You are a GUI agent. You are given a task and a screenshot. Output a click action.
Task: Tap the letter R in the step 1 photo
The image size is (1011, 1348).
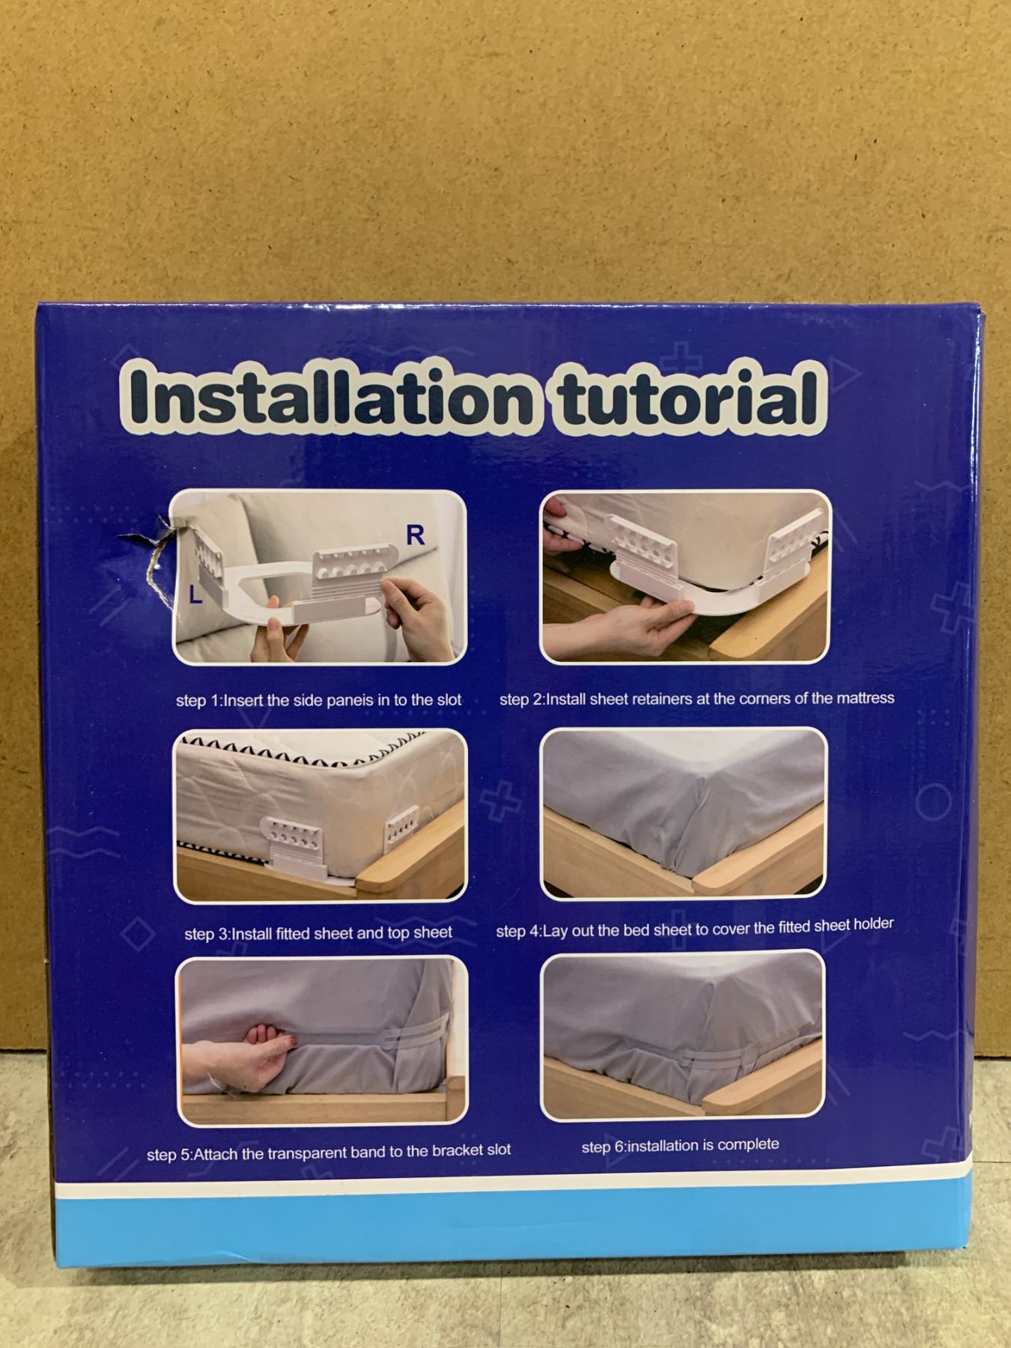coord(415,535)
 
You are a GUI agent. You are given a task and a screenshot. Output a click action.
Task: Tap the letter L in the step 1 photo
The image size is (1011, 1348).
coord(195,595)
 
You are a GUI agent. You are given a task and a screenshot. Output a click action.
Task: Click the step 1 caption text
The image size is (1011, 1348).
coord(318,700)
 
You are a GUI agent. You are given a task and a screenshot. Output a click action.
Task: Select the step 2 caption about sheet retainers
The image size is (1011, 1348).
coord(696,699)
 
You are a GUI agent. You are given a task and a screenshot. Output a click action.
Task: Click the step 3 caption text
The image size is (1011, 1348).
coord(318,933)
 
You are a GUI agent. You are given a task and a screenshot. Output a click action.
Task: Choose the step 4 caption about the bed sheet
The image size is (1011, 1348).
coord(694,928)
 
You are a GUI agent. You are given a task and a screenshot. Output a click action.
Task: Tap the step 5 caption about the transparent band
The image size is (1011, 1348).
coord(329,1152)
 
